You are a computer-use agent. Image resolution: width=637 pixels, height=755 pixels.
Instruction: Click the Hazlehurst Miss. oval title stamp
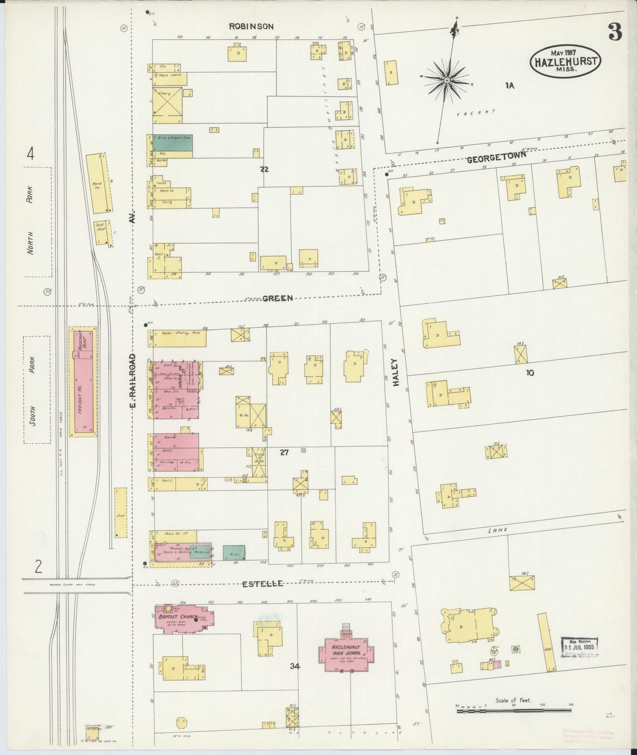point(566,61)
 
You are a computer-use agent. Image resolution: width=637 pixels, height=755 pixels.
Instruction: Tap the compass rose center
point(447,81)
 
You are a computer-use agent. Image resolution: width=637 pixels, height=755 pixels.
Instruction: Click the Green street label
point(277,298)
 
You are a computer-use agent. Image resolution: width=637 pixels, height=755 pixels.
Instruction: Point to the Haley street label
point(395,373)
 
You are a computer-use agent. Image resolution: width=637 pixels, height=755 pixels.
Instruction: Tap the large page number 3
point(615,32)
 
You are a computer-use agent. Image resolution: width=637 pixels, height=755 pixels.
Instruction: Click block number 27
point(284,452)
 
